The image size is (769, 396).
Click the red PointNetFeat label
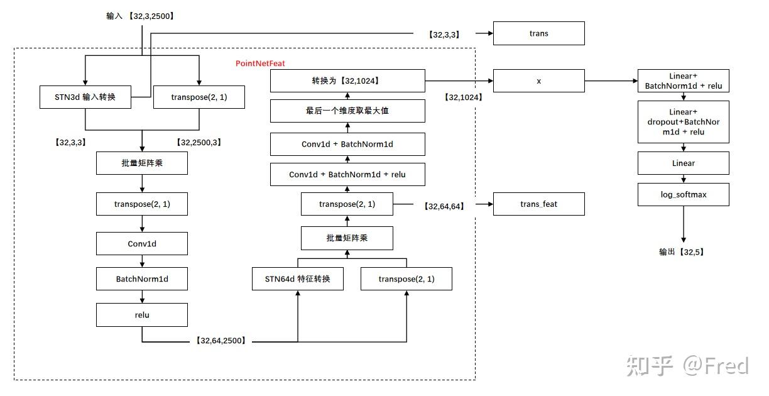pos(260,63)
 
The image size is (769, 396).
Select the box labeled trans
pos(538,33)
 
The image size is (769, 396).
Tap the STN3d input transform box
pos(85,97)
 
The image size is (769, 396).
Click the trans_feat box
pos(538,204)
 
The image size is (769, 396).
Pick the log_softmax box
pos(683,194)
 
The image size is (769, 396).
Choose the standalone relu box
pos(142,315)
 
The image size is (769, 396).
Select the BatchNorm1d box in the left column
pos(142,278)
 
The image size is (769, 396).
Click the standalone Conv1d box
pos(142,243)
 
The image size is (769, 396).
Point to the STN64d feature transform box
pos(298,278)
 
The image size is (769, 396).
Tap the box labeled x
pos(538,80)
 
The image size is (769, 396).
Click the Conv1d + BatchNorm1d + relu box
pos(347,175)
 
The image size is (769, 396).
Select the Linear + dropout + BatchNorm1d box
pos(683,122)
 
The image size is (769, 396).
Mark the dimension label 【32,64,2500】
pos(221,340)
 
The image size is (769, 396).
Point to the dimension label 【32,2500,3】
pos(199,142)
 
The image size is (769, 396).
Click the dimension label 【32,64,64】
pos(444,206)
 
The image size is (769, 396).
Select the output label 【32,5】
pos(682,252)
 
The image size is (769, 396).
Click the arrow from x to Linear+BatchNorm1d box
pos(611,80)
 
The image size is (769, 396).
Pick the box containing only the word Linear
pos(683,163)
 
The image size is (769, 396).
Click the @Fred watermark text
pos(716,365)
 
